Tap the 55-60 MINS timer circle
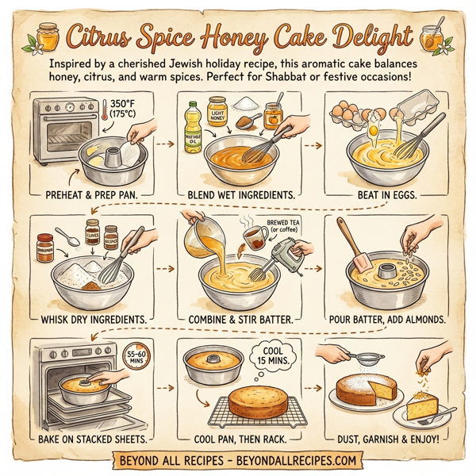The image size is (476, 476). pyautogui.click(x=136, y=355)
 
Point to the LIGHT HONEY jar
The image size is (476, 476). pyautogui.click(x=216, y=116)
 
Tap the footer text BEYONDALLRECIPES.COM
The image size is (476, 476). pyautogui.click(x=301, y=460)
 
